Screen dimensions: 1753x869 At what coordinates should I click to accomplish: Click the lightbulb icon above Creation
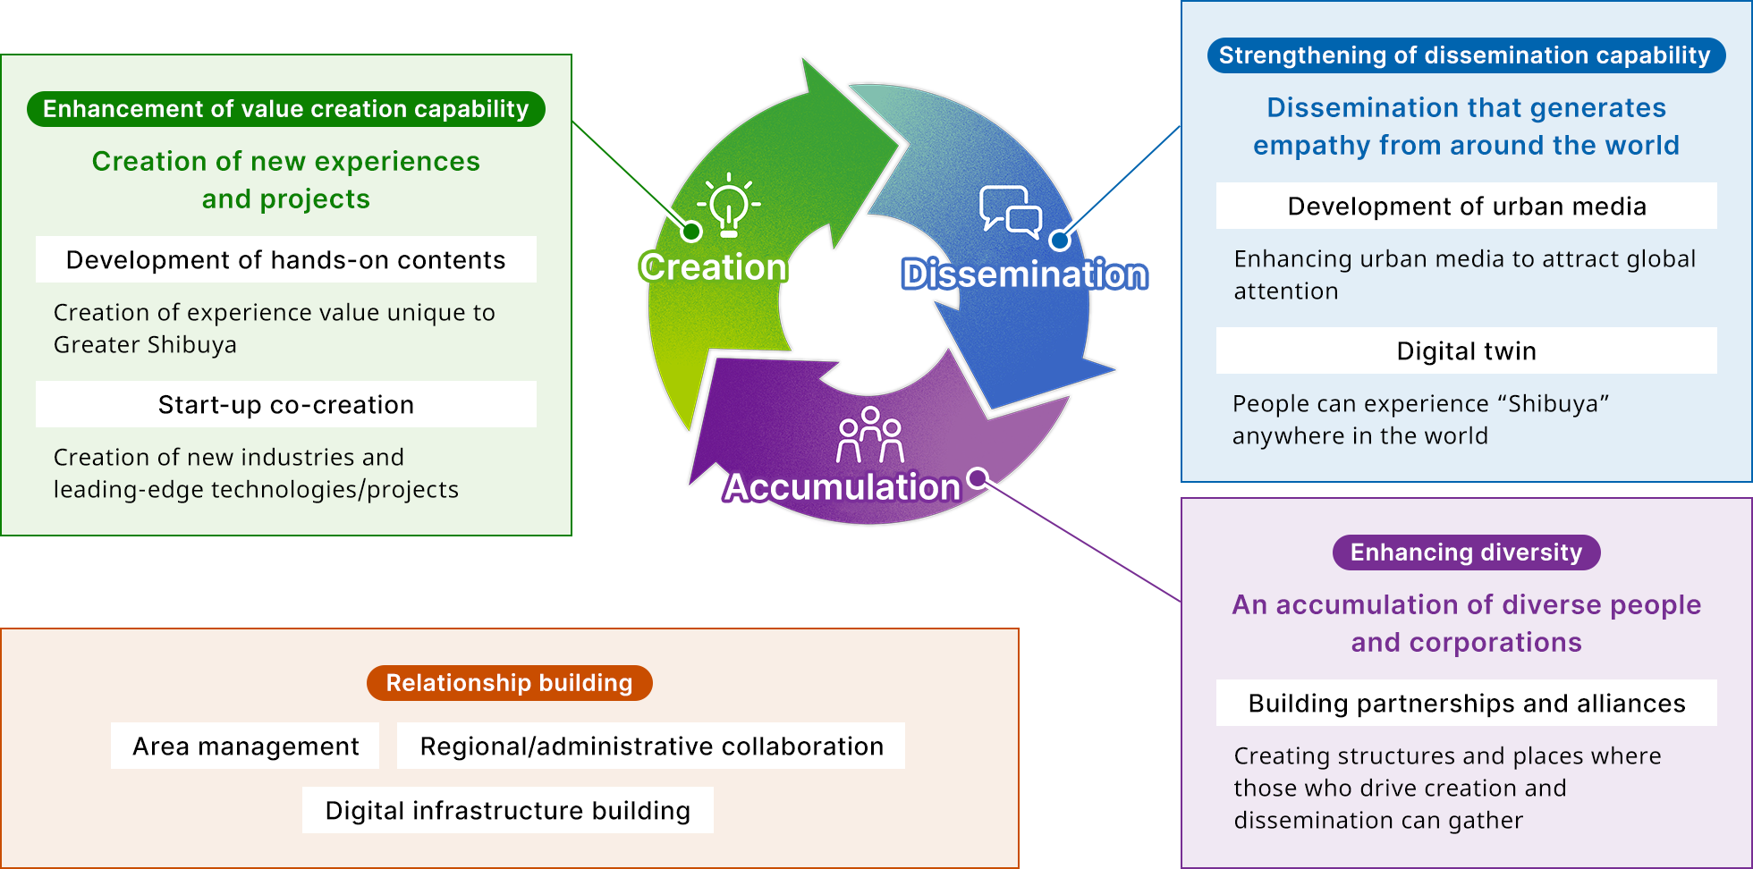point(729,205)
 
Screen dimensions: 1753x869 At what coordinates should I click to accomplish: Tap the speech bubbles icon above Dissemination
point(1011,212)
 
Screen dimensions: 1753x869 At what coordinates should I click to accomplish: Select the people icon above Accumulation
point(869,434)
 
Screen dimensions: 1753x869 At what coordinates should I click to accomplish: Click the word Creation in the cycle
point(713,267)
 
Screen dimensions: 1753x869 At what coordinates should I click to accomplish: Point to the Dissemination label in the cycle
point(1024,274)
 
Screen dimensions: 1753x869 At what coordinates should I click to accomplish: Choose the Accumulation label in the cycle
point(842,487)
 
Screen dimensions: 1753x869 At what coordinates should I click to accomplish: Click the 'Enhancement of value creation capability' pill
point(286,109)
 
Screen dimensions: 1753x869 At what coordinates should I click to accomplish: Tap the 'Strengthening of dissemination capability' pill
point(1466,55)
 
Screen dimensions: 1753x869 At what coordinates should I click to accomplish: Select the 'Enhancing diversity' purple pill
point(1467,553)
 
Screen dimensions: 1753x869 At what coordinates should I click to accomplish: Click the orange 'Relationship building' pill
point(510,683)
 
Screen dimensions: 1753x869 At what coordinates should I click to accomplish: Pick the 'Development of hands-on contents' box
point(286,259)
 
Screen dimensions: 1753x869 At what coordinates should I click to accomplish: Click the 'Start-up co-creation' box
point(286,404)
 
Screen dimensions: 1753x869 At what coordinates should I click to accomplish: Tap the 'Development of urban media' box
point(1467,206)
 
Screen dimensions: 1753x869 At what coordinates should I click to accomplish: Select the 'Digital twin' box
point(1467,350)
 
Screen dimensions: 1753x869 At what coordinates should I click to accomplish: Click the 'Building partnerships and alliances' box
point(1467,703)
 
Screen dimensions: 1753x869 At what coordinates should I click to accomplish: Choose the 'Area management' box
point(245,746)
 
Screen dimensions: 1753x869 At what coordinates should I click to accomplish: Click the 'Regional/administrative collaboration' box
point(651,746)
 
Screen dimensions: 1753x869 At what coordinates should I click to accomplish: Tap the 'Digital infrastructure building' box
point(508,810)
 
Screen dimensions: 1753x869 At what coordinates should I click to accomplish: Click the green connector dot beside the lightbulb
point(691,232)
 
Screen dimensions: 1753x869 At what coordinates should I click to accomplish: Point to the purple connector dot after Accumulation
point(978,477)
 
